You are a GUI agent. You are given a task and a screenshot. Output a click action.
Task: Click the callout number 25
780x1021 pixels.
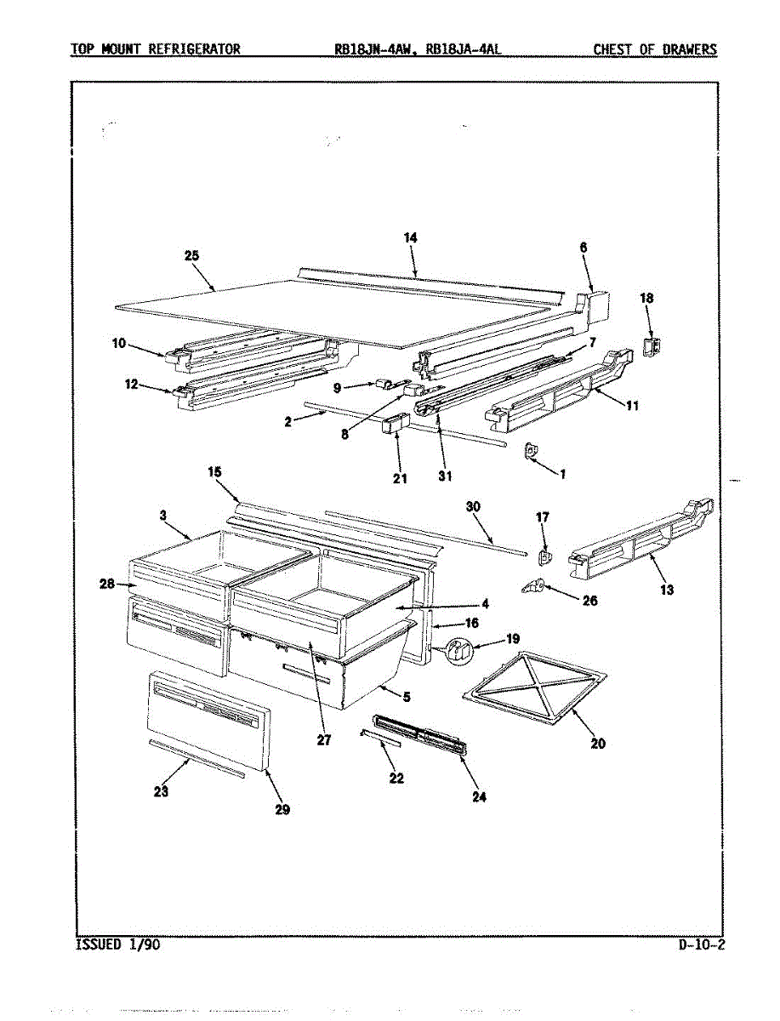point(191,255)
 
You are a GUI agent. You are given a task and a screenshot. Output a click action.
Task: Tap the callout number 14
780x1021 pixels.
point(410,238)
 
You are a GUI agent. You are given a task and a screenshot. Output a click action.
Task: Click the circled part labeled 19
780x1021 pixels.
point(458,652)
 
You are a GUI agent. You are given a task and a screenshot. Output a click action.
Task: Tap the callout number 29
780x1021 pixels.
point(282,810)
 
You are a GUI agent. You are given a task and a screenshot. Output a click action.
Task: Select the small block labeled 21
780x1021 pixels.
point(393,424)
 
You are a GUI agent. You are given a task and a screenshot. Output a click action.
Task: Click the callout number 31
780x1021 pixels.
point(445,476)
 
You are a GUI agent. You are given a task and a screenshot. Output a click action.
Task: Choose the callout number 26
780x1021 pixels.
point(589,601)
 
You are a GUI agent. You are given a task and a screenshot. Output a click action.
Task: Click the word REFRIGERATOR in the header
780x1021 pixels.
point(194,48)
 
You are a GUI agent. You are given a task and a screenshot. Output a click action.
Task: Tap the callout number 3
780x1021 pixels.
point(162,515)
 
